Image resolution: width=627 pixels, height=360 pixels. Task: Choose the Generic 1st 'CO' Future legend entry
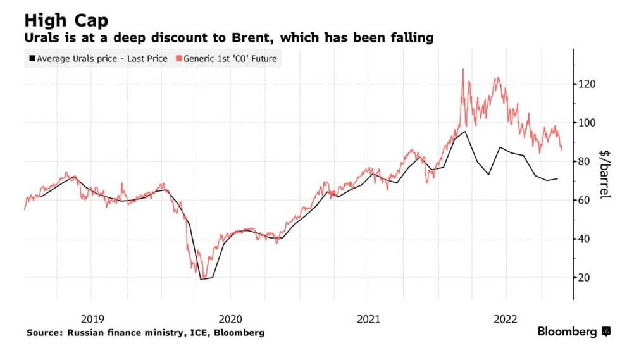coord(230,59)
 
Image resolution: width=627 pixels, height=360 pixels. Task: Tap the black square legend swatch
coord(31,59)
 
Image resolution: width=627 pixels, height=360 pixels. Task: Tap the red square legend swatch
coord(178,59)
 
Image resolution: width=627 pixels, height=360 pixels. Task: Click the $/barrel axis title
coord(605,174)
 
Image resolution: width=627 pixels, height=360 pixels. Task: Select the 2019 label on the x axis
coord(90,319)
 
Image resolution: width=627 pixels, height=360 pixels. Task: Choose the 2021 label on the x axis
coord(368,319)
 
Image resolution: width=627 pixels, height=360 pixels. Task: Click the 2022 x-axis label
coord(506,319)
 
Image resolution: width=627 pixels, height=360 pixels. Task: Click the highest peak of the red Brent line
coord(462,69)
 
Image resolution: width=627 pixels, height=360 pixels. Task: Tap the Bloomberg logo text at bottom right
coord(567,332)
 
